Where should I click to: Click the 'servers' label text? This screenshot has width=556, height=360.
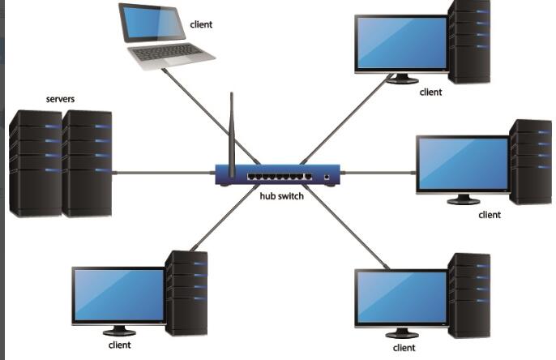click(61, 100)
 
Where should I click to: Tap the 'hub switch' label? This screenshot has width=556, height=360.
click(281, 195)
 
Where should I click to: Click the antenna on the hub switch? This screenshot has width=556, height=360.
click(231, 134)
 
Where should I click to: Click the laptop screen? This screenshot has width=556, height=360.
click(151, 23)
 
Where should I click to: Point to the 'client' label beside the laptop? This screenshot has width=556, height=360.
click(201, 25)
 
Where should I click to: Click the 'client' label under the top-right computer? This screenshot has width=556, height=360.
click(430, 92)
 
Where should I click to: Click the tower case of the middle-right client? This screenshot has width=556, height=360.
click(530, 161)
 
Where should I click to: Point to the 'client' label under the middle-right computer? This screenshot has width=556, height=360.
click(490, 215)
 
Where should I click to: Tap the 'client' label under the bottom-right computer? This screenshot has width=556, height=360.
click(404, 348)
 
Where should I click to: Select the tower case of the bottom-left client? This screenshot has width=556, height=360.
click(186, 292)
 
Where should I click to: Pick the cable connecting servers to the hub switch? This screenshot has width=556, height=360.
click(162, 172)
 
